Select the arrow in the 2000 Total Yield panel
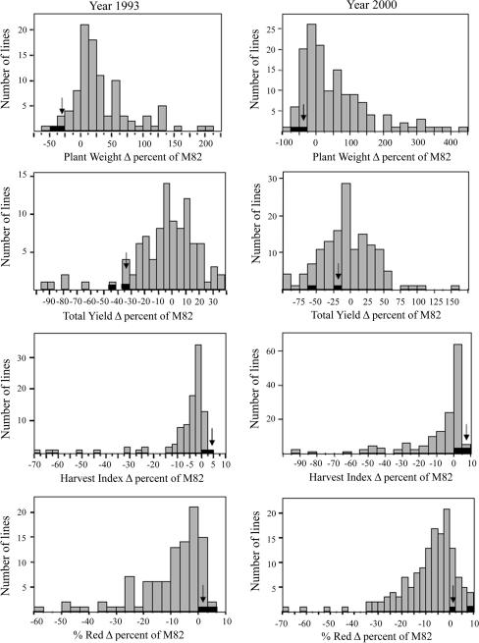(x=338, y=271)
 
